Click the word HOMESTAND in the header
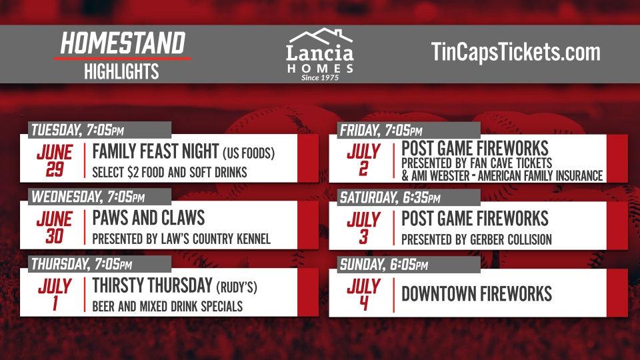click(122, 43)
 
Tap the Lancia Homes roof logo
click(320, 38)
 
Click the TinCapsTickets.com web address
click(515, 53)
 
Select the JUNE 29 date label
click(54, 161)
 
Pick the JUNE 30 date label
click(54, 227)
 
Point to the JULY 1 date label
click(54, 295)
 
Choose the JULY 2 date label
click(363, 161)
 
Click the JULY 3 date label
click(363, 227)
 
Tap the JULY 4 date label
click(363, 295)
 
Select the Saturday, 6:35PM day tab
click(390, 197)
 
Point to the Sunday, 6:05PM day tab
click(384, 265)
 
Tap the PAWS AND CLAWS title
click(148, 219)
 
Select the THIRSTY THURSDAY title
click(153, 286)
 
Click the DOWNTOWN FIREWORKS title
click(476, 294)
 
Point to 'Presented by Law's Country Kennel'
click(181, 239)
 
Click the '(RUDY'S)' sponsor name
click(236, 287)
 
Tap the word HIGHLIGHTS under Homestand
click(121, 71)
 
